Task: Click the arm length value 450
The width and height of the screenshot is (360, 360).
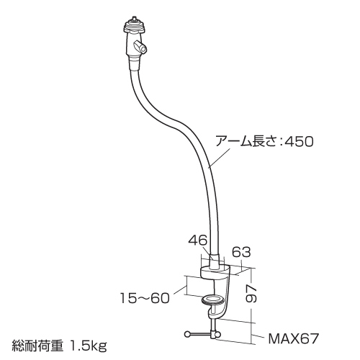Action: point(299,141)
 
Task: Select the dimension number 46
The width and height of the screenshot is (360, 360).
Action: point(197,240)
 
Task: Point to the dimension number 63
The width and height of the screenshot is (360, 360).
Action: point(241,252)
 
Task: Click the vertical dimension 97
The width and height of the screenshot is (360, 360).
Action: point(251,293)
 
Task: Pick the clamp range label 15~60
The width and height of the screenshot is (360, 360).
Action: point(145,298)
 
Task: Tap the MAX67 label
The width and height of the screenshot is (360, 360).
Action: point(294,338)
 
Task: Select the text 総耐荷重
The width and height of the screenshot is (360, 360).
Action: point(37,346)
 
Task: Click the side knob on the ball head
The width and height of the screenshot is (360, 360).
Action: point(141,48)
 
